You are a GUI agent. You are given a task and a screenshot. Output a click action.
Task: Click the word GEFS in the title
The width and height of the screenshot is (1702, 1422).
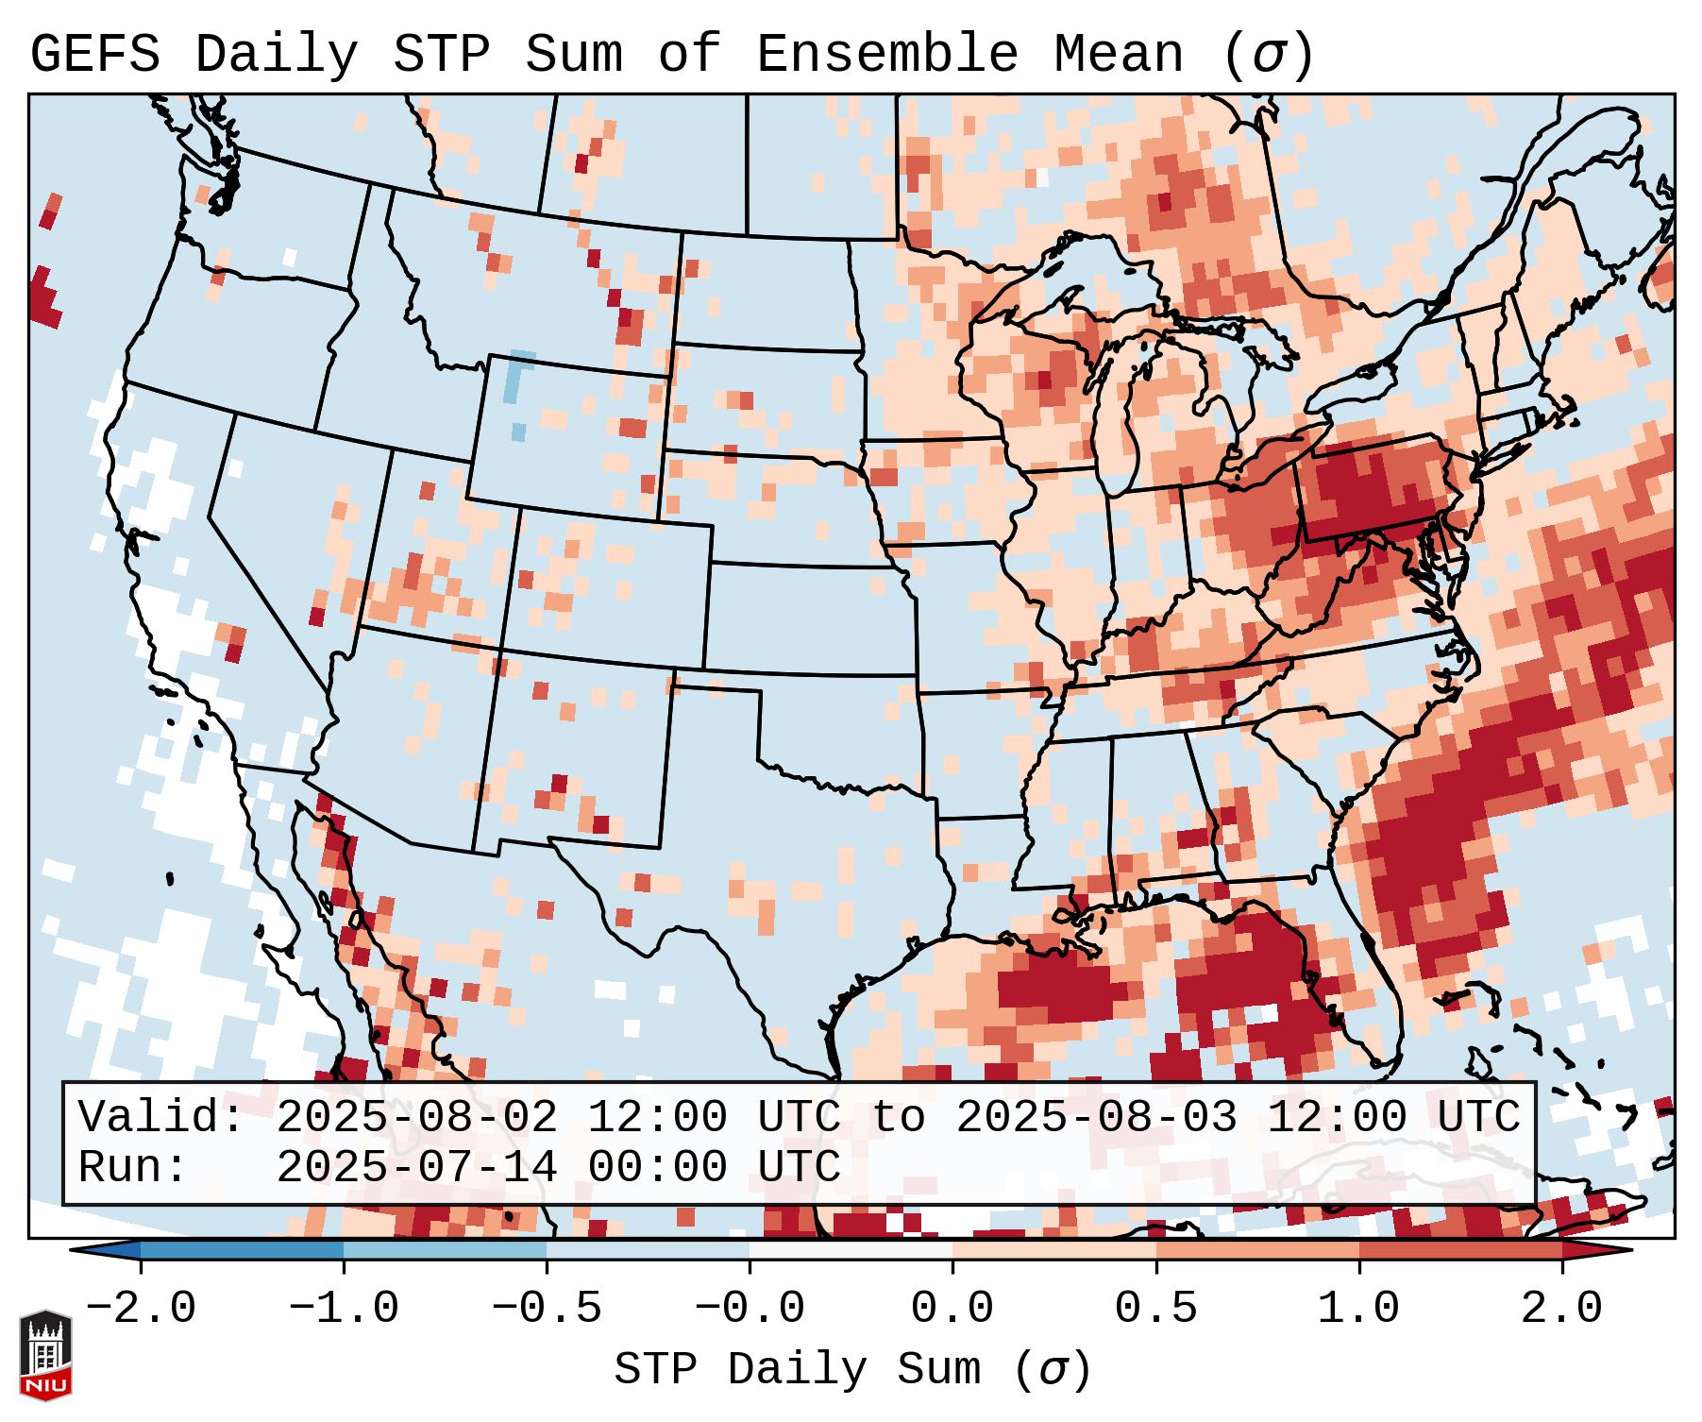click(94, 54)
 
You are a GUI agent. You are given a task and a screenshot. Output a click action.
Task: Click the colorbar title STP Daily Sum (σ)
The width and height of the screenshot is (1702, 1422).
click(852, 1370)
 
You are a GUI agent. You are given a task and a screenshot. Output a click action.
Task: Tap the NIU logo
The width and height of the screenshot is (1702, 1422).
click(45, 1356)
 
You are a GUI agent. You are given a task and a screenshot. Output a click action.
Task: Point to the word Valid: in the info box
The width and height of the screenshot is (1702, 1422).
click(161, 1118)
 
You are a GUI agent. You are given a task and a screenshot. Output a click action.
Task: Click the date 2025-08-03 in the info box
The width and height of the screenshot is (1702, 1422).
click(1096, 1118)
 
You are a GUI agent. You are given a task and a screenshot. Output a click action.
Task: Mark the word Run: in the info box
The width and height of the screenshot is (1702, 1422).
click(133, 1168)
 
